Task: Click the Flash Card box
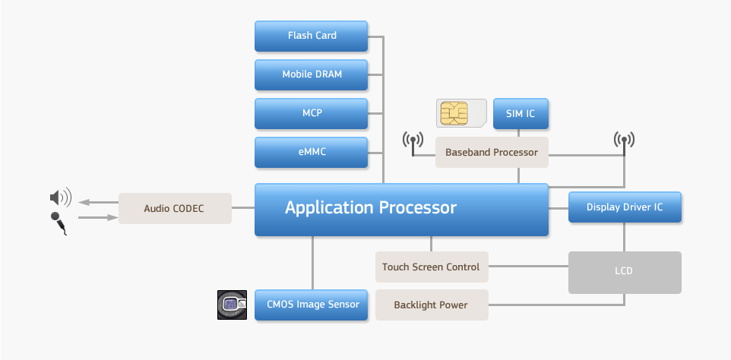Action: click(312, 36)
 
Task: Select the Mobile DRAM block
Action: click(312, 74)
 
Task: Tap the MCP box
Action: click(312, 113)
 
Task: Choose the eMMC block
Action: click(312, 152)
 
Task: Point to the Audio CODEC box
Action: click(175, 208)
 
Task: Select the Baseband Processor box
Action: click(492, 152)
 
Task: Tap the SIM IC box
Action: click(521, 113)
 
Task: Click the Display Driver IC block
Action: click(625, 207)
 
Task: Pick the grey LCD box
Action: click(625, 271)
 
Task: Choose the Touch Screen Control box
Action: click(431, 267)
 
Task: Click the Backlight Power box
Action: click(431, 305)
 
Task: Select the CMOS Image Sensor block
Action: click(312, 305)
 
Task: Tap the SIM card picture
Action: click(461, 113)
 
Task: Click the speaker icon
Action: click(60, 198)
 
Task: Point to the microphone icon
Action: click(59, 224)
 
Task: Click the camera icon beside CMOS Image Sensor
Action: click(232, 305)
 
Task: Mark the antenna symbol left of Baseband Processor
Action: click(413, 141)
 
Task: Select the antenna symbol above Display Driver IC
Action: click(624, 141)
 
